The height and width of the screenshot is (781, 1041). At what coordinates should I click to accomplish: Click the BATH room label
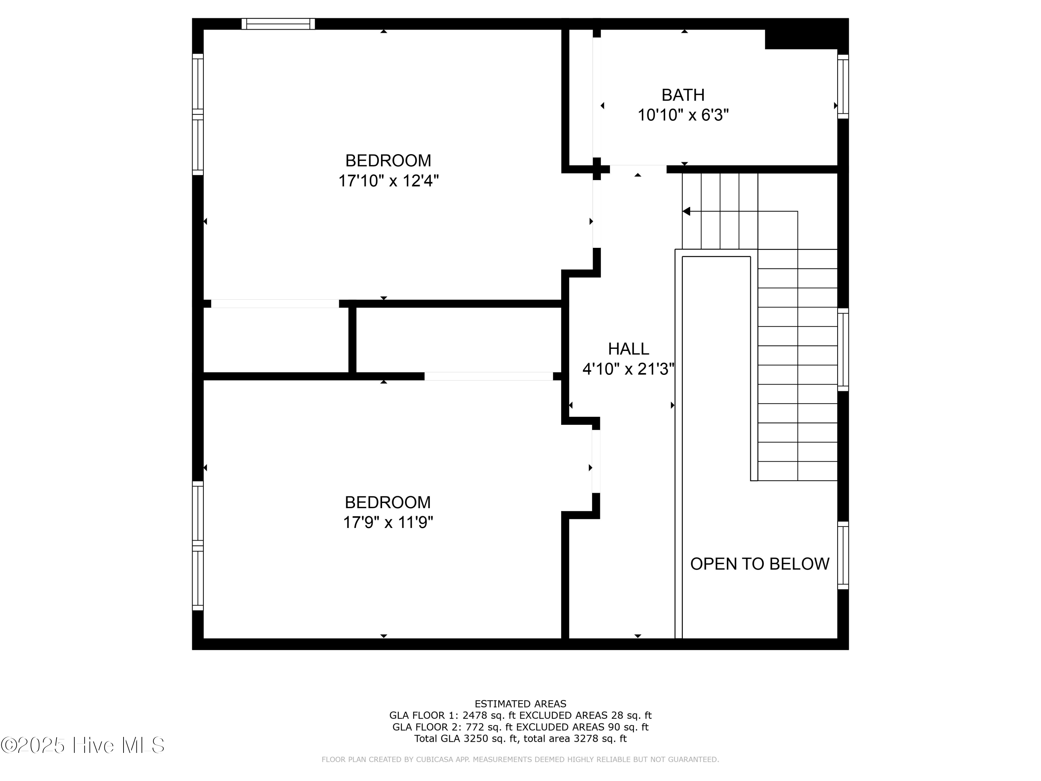tap(683, 95)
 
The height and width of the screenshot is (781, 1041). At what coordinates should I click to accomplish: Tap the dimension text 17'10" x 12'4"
tap(388, 181)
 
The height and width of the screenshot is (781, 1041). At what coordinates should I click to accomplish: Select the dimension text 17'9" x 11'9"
tap(388, 522)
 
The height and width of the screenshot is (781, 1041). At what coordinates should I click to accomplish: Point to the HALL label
tap(628, 349)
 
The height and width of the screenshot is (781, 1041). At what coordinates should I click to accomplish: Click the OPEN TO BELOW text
tap(760, 563)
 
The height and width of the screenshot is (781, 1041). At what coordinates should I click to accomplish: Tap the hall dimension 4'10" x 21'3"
tap(628, 369)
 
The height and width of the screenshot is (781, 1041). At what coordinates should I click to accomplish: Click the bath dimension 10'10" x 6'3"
tap(683, 115)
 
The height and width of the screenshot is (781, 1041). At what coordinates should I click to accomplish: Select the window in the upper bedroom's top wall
tap(278, 24)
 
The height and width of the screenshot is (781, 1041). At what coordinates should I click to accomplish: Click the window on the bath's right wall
tap(843, 87)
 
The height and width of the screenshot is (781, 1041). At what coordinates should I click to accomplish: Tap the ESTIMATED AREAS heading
tap(520, 704)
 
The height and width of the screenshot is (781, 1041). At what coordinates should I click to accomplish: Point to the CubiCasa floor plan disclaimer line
tap(520, 759)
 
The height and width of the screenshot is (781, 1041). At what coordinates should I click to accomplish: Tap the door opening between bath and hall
tap(638, 169)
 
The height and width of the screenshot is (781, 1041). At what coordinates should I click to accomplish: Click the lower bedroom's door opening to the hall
tap(596, 461)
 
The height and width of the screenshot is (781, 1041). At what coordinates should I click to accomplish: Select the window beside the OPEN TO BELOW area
tap(843, 555)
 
